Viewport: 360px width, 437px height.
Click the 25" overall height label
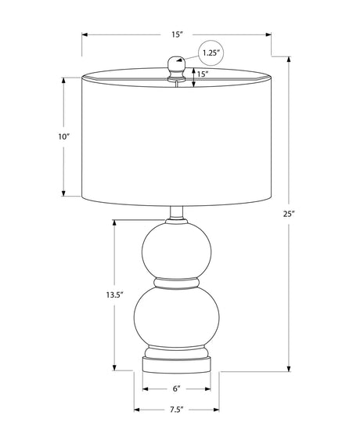coord(289,214)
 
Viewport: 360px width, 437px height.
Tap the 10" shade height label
coord(63,137)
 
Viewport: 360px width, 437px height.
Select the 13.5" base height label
coord(114,294)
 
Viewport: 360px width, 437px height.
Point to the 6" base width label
coord(177,388)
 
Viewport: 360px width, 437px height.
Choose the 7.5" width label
coord(177,410)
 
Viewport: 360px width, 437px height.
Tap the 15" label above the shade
coord(177,34)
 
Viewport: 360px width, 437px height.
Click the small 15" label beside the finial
coord(203,74)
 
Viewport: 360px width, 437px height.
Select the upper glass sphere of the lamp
coord(177,250)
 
